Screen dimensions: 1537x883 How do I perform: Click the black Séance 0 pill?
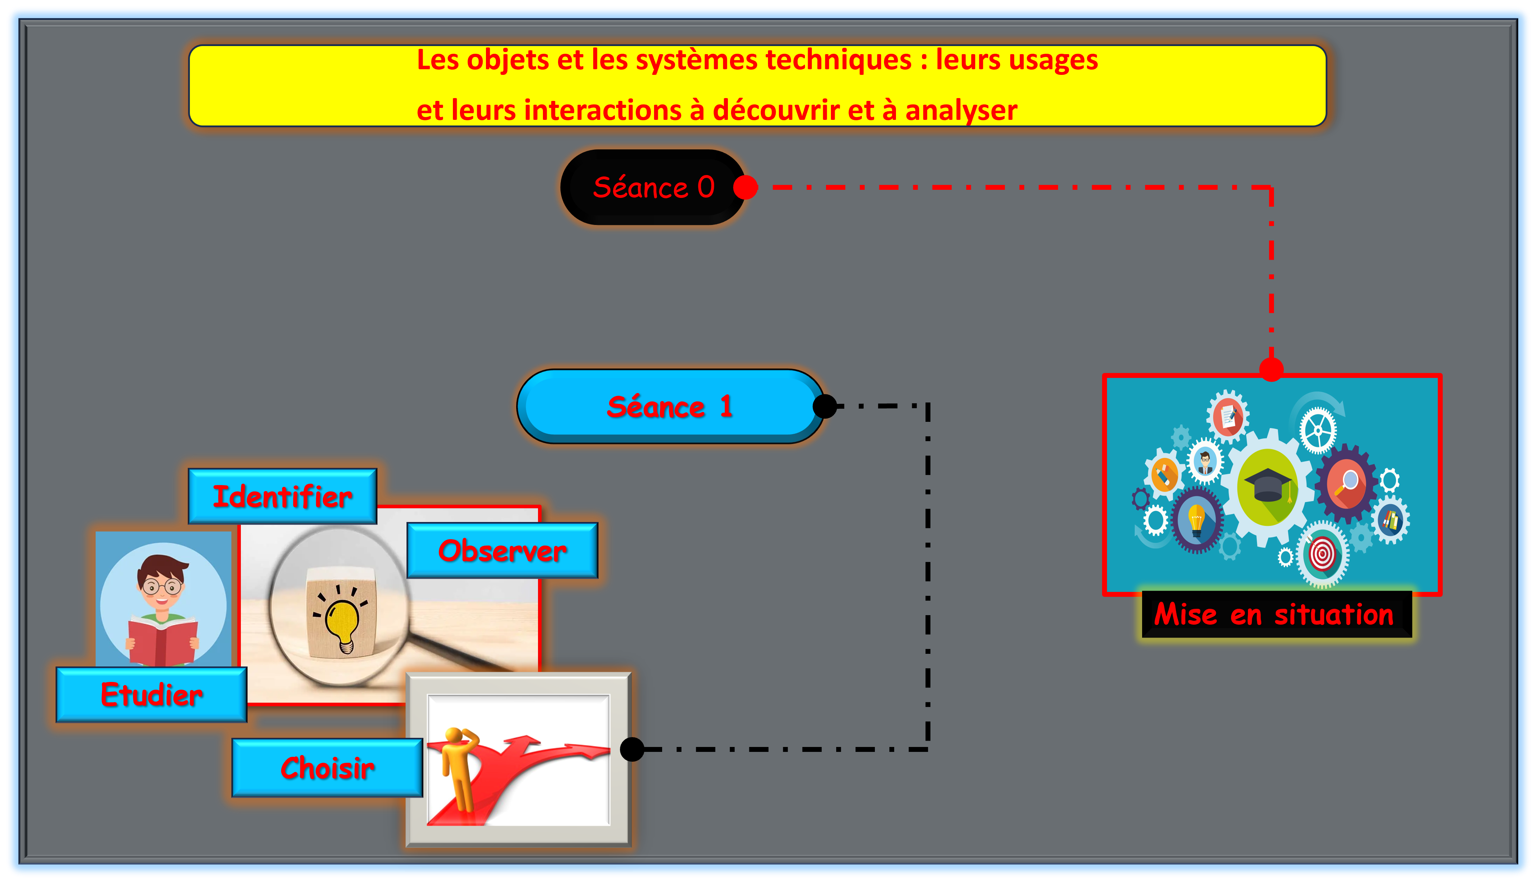(653, 187)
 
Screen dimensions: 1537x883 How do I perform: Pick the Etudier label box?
(152, 694)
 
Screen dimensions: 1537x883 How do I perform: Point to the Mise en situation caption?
(1274, 614)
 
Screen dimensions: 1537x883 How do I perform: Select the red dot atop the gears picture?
(1271, 369)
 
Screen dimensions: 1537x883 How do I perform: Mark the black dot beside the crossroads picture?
(632, 749)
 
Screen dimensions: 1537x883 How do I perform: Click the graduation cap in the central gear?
(1268, 485)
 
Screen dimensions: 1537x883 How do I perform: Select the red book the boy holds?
(162, 642)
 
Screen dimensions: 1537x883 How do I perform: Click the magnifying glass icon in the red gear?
(1348, 483)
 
